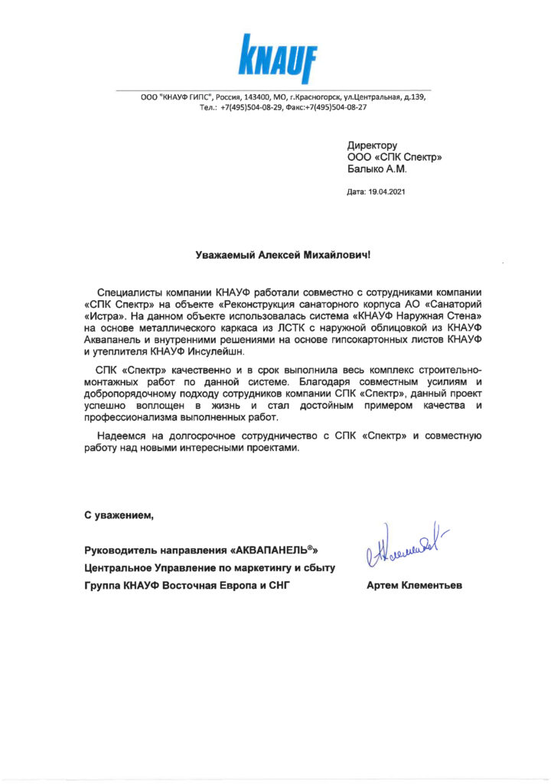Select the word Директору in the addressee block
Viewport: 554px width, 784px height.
tap(372, 145)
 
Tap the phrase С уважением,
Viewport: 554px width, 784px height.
tap(119, 514)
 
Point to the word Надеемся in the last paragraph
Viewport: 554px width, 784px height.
tap(120, 436)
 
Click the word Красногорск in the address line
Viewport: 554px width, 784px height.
tap(331, 98)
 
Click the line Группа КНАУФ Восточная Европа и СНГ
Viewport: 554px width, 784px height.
tap(188, 586)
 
